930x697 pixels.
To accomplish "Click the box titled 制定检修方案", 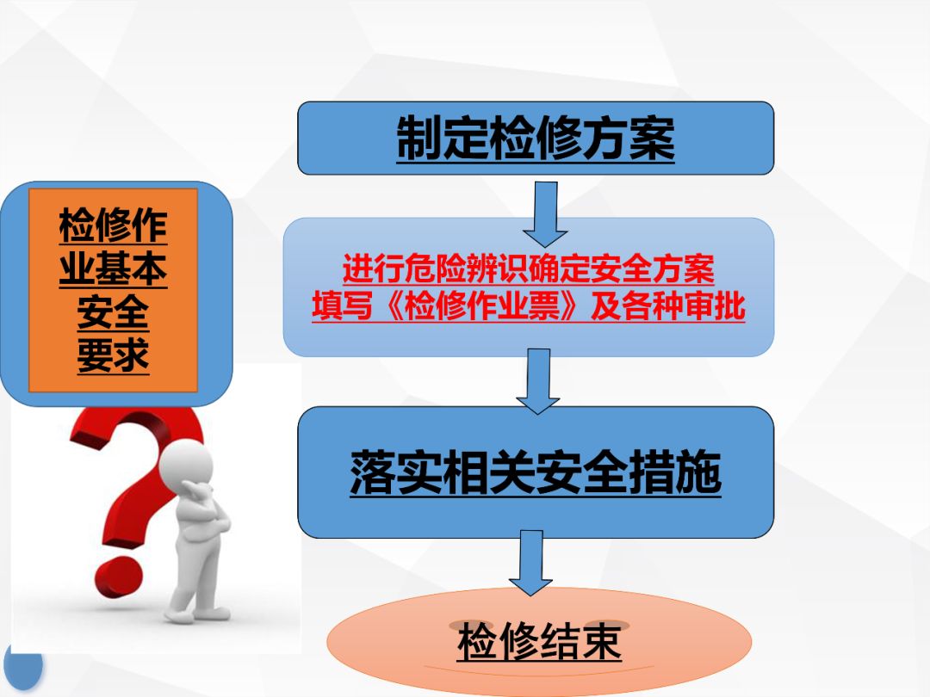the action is (x=536, y=138).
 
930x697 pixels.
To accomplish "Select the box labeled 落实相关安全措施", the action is (x=536, y=472).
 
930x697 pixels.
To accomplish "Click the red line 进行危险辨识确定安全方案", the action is (x=529, y=269).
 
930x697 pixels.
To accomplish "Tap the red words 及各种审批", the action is (x=668, y=306).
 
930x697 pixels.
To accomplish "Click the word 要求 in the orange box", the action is (x=113, y=355).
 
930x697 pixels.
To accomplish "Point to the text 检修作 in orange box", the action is (x=113, y=225).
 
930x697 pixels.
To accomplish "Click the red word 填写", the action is (x=342, y=306).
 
